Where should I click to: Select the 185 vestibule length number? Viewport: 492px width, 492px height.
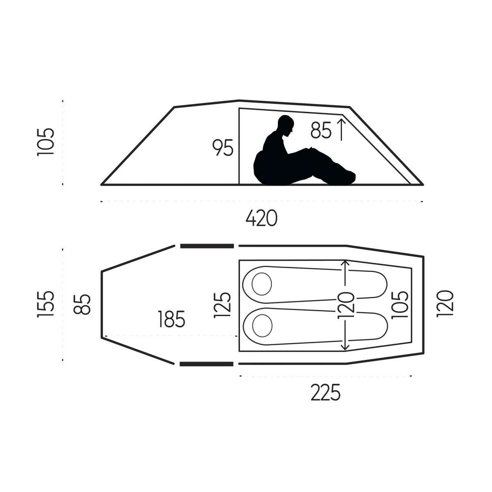point(171,319)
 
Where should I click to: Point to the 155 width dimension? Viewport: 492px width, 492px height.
point(45,304)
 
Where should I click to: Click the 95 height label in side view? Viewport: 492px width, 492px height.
point(223,148)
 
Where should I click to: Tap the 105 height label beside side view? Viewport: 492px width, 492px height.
point(45,141)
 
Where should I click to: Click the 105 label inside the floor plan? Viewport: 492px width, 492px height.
point(400,305)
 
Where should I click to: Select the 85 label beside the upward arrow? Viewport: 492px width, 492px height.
point(320,130)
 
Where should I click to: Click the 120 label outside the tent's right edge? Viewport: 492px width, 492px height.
point(444,304)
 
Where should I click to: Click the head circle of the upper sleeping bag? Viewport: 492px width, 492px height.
point(262,283)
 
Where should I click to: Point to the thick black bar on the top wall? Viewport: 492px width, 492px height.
point(207,246)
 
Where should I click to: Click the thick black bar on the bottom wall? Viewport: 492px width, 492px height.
point(207,364)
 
